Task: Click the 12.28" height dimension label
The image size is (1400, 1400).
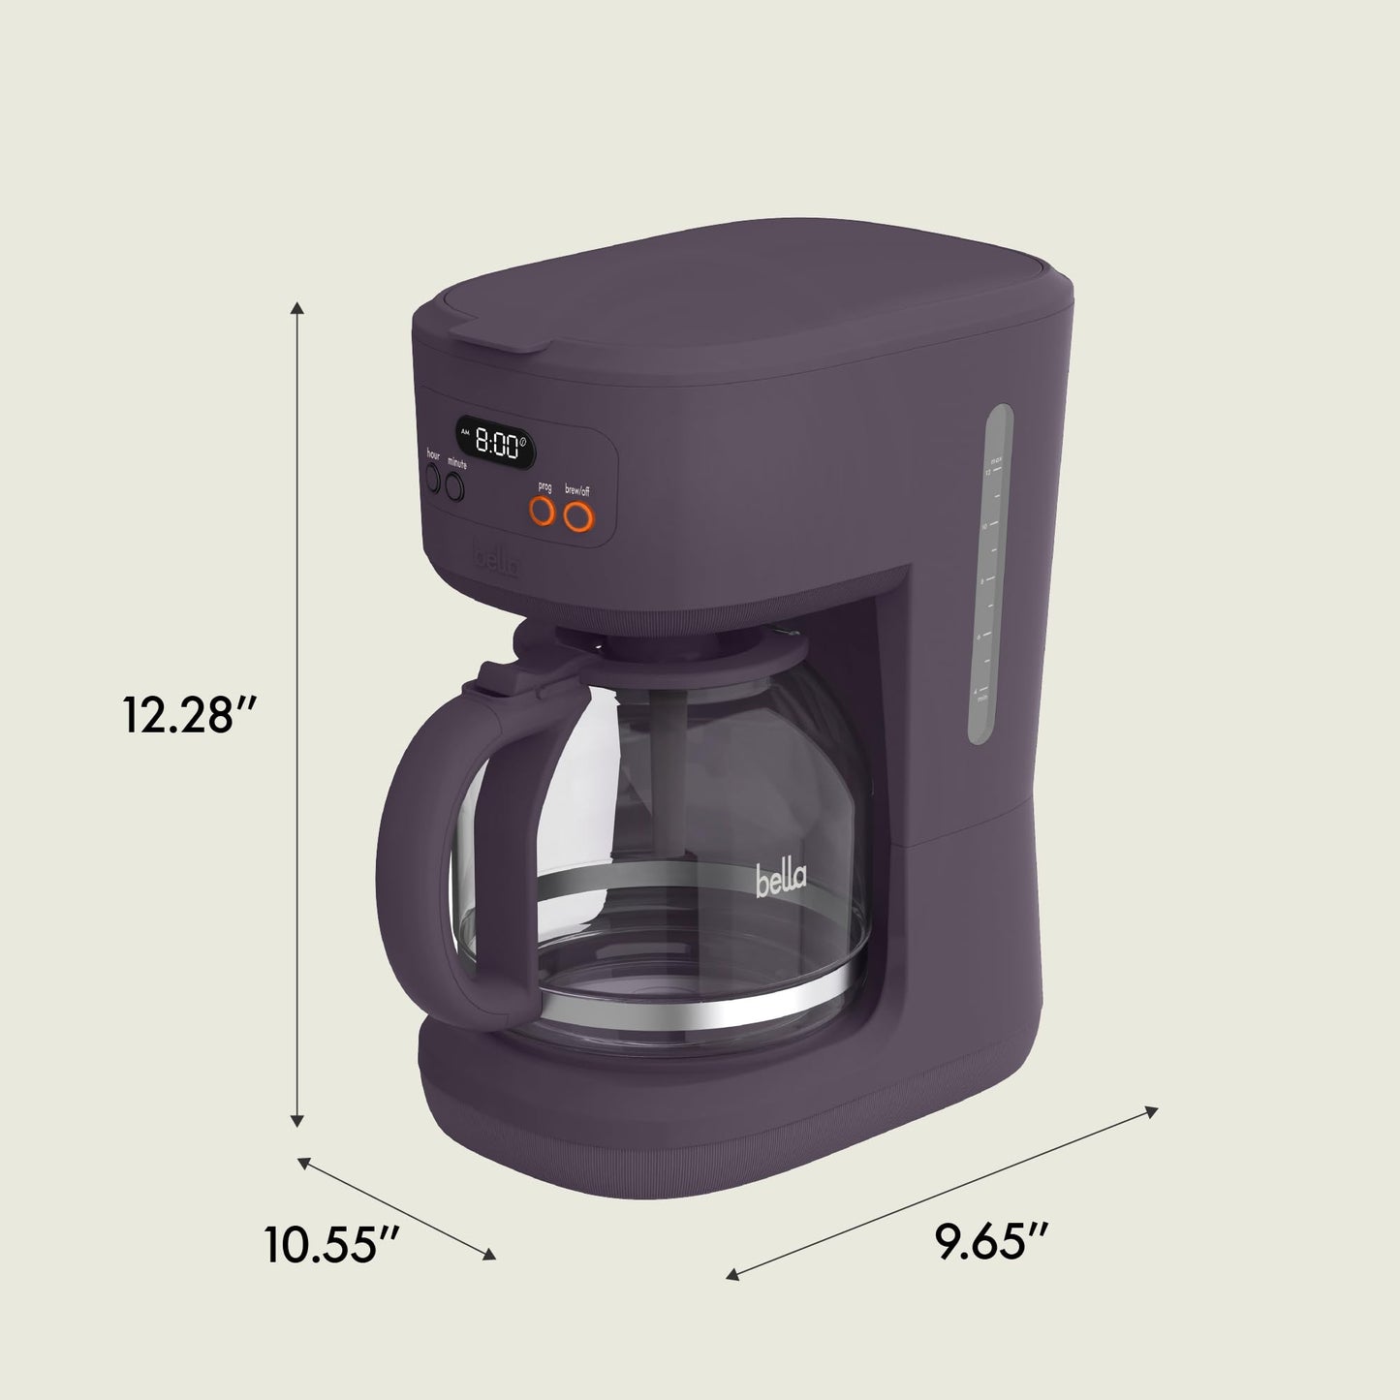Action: [188, 715]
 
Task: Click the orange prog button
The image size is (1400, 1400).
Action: [544, 512]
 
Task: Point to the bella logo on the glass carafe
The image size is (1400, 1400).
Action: [780, 881]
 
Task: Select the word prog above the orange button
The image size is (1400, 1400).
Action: [544, 487]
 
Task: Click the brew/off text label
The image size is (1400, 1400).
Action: [577, 491]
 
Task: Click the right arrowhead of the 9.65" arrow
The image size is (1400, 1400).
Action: [1151, 1110]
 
